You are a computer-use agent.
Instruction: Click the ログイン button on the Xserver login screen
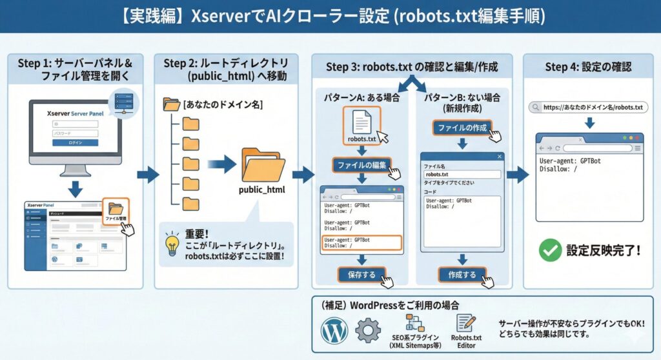(76, 143)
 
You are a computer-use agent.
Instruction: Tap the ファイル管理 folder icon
(116, 208)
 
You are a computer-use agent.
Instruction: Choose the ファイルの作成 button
(461, 128)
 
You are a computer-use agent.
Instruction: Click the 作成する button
(462, 275)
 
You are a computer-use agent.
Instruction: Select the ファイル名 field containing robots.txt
(462, 174)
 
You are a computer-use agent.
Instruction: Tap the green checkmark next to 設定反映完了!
(549, 250)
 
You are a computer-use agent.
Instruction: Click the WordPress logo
(334, 330)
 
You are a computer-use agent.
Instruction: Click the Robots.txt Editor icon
(465, 323)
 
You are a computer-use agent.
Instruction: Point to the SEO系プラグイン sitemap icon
(414, 323)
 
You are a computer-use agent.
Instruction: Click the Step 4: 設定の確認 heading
(588, 67)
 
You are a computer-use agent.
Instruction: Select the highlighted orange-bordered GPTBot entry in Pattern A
(361, 243)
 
